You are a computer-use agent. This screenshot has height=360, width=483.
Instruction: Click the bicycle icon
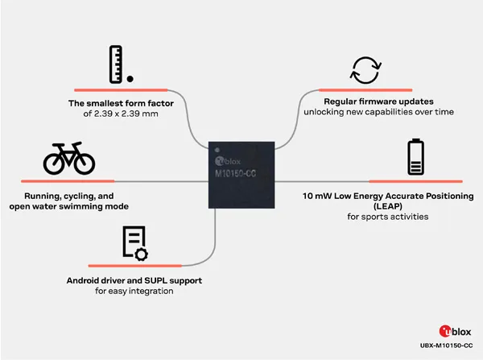[x=69, y=159]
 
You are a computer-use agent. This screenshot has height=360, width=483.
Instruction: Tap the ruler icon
[x=116, y=64]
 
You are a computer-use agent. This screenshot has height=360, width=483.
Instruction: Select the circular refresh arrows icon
[x=365, y=70]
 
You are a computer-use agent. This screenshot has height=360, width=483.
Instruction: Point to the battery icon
[x=416, y=157]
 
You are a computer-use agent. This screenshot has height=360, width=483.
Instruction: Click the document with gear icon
[x=135, y=243]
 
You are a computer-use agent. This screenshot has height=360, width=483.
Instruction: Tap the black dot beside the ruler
[x=130, y=79]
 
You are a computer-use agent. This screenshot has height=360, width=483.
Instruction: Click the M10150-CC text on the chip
[x=235, y=173]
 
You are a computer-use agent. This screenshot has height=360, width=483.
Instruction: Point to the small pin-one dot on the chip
[x=217, y=150]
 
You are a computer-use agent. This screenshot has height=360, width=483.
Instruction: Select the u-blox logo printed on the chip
[x=228, y=161]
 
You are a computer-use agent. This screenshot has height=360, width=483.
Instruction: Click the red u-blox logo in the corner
[x=455, y=332]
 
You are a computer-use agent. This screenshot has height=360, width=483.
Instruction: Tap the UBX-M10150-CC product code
[x=446, y=346]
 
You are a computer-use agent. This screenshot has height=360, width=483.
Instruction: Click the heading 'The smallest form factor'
[x=121, y=103]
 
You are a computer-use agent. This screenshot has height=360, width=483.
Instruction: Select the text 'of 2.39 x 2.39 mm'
[x=121, y=114]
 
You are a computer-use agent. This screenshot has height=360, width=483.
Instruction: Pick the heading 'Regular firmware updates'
[x=378, y=101]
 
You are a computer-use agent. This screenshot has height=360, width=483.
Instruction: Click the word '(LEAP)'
[x=388, y=206]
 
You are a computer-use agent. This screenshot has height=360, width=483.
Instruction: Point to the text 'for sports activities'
[x=388, y=217]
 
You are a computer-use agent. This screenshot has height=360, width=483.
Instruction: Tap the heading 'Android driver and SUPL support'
[x=134, y=280]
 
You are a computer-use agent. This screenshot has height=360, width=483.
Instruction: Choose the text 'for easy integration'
[x=134, y=291]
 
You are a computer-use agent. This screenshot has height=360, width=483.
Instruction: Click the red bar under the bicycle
[x=68, y=181]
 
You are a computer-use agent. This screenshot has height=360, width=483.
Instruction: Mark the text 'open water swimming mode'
[x=69, y=206]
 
